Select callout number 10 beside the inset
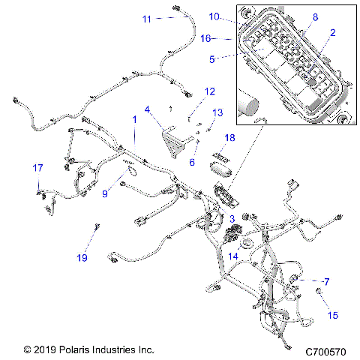214,16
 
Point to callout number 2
332,33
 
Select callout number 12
210,91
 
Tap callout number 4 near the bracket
148,109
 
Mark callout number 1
134,119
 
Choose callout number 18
229,137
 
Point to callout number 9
104,193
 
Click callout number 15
332,316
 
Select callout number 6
192,161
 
